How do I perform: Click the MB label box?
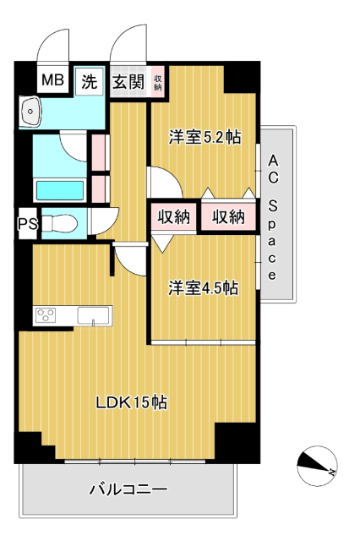(x=53, y=82)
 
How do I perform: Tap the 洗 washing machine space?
(x=89, y=82)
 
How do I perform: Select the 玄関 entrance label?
(x=129, y=82)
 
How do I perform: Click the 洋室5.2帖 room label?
(x=203, y=135)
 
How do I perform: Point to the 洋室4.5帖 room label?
(x=203, y=288)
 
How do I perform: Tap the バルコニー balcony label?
(x=128, y=489)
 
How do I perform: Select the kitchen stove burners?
(x=44, y=316)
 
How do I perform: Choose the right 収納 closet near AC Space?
(x=227, y=216)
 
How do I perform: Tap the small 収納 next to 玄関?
(x=158, y=82)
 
